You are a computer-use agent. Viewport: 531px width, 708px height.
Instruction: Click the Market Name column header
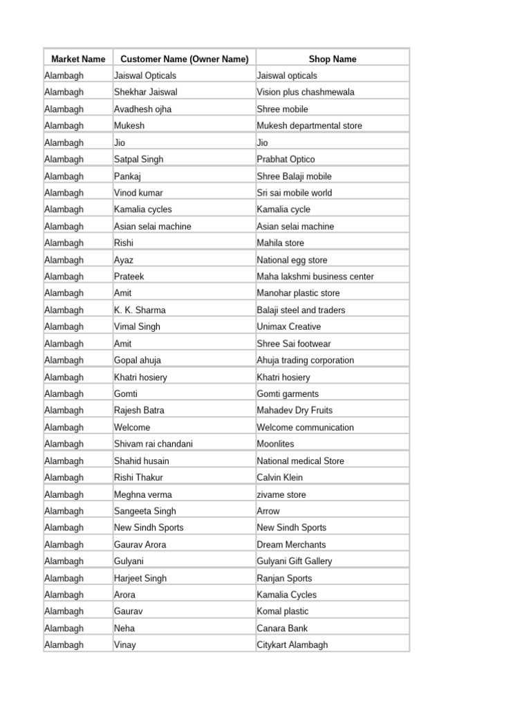78,59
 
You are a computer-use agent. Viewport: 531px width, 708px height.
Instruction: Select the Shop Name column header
333,59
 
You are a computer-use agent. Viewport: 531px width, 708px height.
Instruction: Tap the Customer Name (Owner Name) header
185,59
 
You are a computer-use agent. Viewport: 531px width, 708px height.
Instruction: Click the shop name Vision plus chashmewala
306,92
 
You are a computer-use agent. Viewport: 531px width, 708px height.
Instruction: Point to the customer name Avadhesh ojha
143,109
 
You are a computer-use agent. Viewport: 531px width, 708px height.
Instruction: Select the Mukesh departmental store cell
309,126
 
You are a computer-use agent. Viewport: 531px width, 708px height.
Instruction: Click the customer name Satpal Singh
139,159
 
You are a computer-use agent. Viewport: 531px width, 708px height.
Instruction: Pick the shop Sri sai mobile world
295,193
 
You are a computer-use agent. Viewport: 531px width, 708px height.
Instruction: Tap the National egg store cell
292,260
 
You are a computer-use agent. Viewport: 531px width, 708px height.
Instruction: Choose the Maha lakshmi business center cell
315,277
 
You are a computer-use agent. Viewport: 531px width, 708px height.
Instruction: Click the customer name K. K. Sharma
140,310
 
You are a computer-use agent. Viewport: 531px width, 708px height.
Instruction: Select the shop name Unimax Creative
289,327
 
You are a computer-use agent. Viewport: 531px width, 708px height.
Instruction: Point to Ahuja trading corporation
305,360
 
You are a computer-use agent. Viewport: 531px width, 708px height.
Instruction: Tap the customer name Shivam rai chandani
153,444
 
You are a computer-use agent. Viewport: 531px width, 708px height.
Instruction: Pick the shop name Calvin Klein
279,478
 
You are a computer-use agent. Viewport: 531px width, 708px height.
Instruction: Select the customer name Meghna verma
143,494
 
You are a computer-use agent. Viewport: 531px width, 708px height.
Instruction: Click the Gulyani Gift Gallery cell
294,561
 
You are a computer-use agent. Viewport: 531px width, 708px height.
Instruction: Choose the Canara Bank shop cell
282,628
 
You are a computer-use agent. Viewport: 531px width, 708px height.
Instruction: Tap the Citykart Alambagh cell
292,645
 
